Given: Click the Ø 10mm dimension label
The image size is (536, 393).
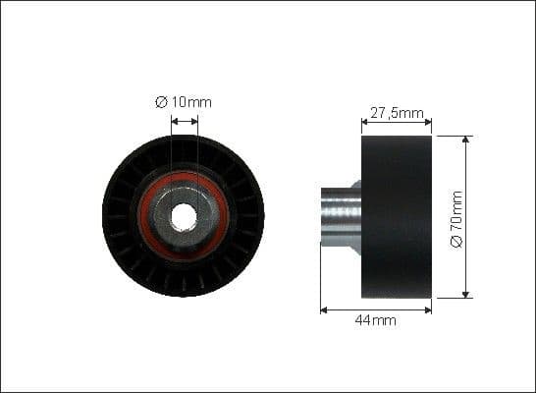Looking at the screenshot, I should pos(184,101).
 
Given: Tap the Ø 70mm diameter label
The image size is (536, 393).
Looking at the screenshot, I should pos(457,218).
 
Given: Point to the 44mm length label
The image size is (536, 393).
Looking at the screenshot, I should pos(377,320).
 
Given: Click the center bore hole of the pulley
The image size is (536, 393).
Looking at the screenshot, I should pos(184,215).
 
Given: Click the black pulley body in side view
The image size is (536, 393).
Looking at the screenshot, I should pos(397,216).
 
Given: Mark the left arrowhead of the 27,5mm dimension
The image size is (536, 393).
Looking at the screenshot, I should pos(365,123).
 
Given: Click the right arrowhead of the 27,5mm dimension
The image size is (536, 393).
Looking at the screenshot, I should pos(428,123).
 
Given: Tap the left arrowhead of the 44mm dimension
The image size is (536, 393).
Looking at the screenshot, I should pos(324,309).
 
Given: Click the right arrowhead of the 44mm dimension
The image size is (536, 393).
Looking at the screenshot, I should pos(428,309).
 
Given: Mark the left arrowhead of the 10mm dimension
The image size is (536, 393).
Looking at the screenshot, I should pos(174,123).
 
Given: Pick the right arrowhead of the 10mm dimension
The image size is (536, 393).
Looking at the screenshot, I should pos(194,123).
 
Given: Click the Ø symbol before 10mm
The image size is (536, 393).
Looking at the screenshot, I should pos(161,101).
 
